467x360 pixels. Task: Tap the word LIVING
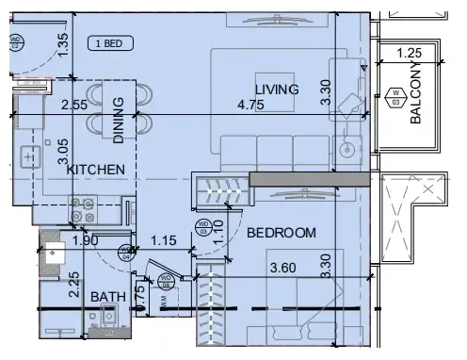pos(277,90)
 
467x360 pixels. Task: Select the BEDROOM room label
pos(281,232)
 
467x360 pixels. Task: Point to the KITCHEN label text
pos(95,170)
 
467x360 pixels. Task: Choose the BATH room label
pos(108,297)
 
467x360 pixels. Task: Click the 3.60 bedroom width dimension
pos(284,268)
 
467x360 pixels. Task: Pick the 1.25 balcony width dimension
pos(409,53)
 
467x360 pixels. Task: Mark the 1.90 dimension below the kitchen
pos(86,241)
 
